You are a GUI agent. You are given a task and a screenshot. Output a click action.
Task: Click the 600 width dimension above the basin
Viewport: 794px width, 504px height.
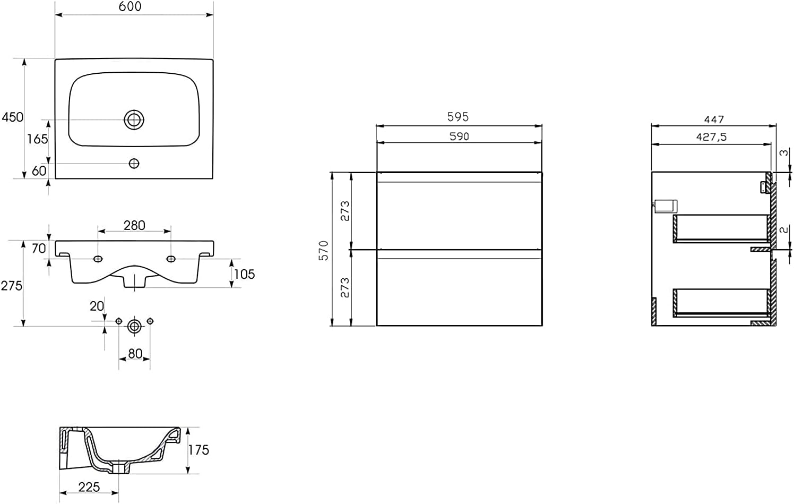(130, 6)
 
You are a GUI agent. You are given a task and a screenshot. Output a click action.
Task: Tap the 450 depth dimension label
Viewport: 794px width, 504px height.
(12, 117)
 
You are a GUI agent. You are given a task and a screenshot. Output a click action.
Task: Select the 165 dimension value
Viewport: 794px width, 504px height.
(38, 139)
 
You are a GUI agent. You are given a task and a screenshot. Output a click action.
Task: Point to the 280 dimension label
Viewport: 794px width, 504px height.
(134, 225)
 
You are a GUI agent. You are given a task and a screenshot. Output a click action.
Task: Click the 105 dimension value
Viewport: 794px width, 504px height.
(244, 274)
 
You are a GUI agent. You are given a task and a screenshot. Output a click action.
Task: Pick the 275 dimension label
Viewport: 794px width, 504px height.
(11, 286)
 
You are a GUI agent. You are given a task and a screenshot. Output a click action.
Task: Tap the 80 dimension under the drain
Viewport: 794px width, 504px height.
(135, 353)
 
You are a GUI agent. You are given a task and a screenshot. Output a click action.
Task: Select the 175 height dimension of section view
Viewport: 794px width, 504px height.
(198, 450)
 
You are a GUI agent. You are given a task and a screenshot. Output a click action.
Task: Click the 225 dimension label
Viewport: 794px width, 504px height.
(89, 486)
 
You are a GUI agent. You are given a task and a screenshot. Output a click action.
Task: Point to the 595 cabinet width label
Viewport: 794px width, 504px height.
(458, 117)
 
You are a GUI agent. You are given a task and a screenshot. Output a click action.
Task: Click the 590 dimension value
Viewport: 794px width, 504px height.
(459, 136)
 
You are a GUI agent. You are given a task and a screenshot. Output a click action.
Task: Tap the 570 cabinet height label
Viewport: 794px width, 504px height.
(324, 250)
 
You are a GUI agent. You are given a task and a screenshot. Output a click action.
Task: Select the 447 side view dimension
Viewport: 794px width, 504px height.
(714, 119)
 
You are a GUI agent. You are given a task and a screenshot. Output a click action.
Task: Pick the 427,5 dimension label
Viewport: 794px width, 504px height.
(711, 137)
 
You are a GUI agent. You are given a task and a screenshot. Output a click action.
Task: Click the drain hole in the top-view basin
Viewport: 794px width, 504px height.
(134, 119)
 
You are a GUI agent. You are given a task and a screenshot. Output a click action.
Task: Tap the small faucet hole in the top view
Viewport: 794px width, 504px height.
(134, 164)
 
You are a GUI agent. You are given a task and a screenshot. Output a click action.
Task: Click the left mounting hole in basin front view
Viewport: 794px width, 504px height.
(98, 259)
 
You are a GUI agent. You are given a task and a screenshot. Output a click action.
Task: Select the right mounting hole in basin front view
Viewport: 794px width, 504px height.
(171, 259)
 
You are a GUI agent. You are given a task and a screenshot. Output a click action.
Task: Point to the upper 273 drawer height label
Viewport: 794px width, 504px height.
(345, 211)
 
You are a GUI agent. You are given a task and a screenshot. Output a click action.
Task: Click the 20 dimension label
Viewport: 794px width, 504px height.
(97, 306)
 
